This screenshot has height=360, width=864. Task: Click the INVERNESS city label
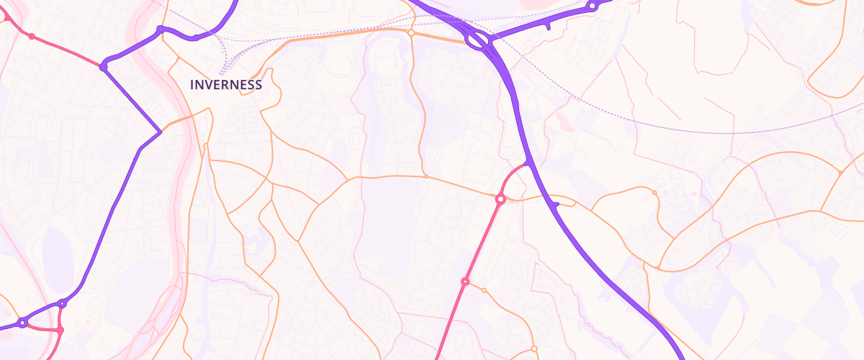pos(225,85)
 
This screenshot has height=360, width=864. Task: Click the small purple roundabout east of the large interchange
pos(592,6)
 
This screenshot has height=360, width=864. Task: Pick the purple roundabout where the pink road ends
pos(104,67)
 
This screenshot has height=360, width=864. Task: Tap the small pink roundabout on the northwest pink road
pos(31,36)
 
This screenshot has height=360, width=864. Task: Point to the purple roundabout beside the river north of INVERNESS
pos(160,30)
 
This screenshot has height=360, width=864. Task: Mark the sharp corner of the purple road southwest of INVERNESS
pos(160,132)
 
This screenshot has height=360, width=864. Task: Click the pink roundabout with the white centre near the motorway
pos(500,198)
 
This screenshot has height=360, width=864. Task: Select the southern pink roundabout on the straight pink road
pos(465,281)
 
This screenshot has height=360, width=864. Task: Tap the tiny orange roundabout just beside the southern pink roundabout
pos(484,290)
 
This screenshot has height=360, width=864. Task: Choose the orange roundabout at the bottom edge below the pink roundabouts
pos(534,349)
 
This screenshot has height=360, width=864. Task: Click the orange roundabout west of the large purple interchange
pos(410,32)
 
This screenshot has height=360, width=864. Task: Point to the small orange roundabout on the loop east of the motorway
pos(654,192)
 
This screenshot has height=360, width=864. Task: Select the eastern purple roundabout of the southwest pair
pos(63,304)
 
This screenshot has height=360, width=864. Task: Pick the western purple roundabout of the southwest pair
pos(22,323)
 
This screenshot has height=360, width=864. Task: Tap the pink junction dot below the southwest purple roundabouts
pos(60,330)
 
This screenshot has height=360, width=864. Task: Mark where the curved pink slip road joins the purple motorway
pos(528,164)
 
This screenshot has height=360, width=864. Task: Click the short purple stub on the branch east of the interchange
pos(548,27)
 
